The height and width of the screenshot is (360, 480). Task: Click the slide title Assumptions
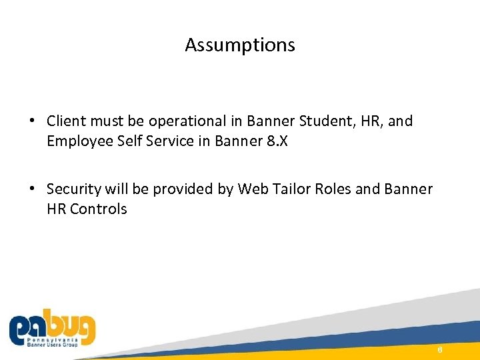click(240, 45)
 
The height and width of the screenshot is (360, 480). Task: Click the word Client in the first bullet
click(65, 121)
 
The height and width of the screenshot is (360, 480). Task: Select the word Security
click(74, 189)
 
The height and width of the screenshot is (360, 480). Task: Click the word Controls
click(99, 209)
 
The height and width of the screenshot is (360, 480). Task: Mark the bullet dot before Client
click(31, 122)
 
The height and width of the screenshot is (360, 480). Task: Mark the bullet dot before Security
click(31, 190)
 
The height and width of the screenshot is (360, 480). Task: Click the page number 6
click(440, 351)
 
